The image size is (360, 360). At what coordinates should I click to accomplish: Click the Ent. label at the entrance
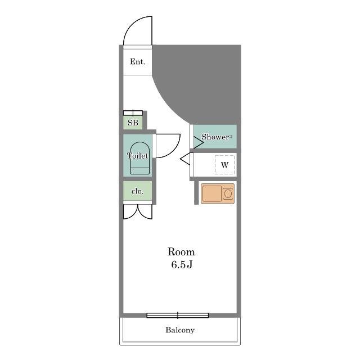[138, 61]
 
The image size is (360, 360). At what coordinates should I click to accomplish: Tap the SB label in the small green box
[133, 123]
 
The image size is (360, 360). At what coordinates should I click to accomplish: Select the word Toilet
[137, 156]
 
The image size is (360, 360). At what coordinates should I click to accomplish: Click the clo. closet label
[137, 191]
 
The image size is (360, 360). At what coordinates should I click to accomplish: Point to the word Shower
[215, 137]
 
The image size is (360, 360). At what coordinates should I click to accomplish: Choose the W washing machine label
[225, 165]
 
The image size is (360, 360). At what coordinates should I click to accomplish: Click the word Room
[181, 252]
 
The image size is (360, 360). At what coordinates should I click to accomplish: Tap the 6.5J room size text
[182, 265]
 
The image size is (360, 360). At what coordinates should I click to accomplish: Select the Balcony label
[180, 330]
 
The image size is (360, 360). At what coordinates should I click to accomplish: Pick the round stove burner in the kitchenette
[228, 193]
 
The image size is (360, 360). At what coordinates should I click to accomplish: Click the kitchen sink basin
[212, 193]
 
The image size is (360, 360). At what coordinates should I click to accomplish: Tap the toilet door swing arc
[174, 151]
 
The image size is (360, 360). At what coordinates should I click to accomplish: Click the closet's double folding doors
[137, 211]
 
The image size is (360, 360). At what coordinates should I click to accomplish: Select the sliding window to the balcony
[178, 316]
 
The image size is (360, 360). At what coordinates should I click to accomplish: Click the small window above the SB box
[133, 112]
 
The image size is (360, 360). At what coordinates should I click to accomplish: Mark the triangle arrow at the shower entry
[199, 142]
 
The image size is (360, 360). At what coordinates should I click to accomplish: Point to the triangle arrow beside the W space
[185, 159]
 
